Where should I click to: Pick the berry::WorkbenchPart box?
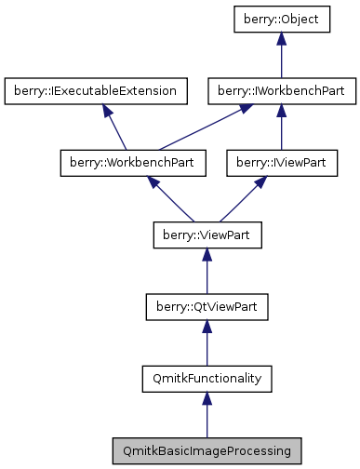(132, 163)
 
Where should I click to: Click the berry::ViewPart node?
(207, 234)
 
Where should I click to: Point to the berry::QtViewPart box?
(207, 306)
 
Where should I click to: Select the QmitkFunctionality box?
(207, 378)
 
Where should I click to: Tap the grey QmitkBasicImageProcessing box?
(207, 450)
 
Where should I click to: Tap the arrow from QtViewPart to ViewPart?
(207, 272)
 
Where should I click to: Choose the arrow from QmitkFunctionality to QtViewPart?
(207, 343)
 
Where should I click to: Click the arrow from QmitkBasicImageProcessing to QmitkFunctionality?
(207, 415)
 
